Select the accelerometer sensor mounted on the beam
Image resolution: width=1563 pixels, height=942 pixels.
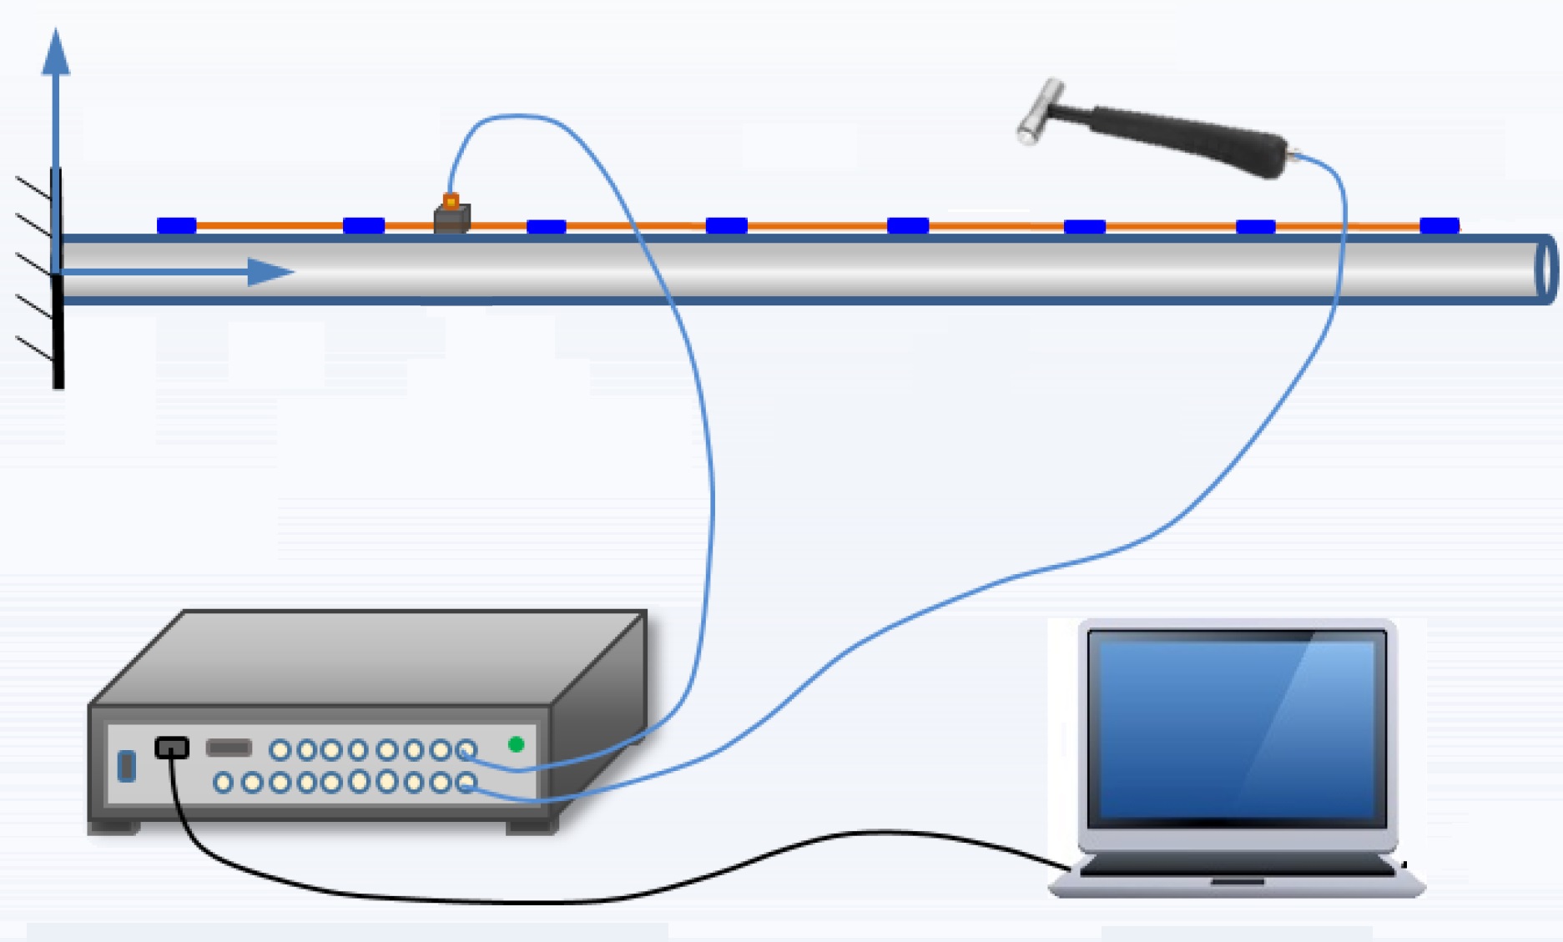coord(451,216)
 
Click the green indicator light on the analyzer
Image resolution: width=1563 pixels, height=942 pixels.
coord(516,744)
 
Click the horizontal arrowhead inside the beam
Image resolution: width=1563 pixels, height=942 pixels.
coord(269,272)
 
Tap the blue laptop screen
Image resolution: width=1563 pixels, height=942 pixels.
coord(1236,726)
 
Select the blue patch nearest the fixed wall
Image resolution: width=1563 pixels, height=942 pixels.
coord(176,225)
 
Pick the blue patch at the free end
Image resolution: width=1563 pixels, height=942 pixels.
coord(1439,225)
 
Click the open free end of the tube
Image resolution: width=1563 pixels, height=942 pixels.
coord(1546,269)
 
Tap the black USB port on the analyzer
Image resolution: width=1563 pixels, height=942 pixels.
coord(172,748)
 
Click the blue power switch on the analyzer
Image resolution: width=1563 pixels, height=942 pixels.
coord(127,765)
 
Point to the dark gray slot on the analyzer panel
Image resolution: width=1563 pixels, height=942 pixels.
coord(229,748)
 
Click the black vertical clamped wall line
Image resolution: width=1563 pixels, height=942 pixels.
coord(58,334)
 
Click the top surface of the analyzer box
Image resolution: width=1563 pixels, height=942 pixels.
coord(367,659)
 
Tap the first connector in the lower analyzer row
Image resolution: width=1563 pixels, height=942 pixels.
coord(223,783)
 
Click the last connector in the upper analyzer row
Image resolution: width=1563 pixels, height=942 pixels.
coord(467,750)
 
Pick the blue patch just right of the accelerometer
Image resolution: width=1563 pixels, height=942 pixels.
coord(546,226)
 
